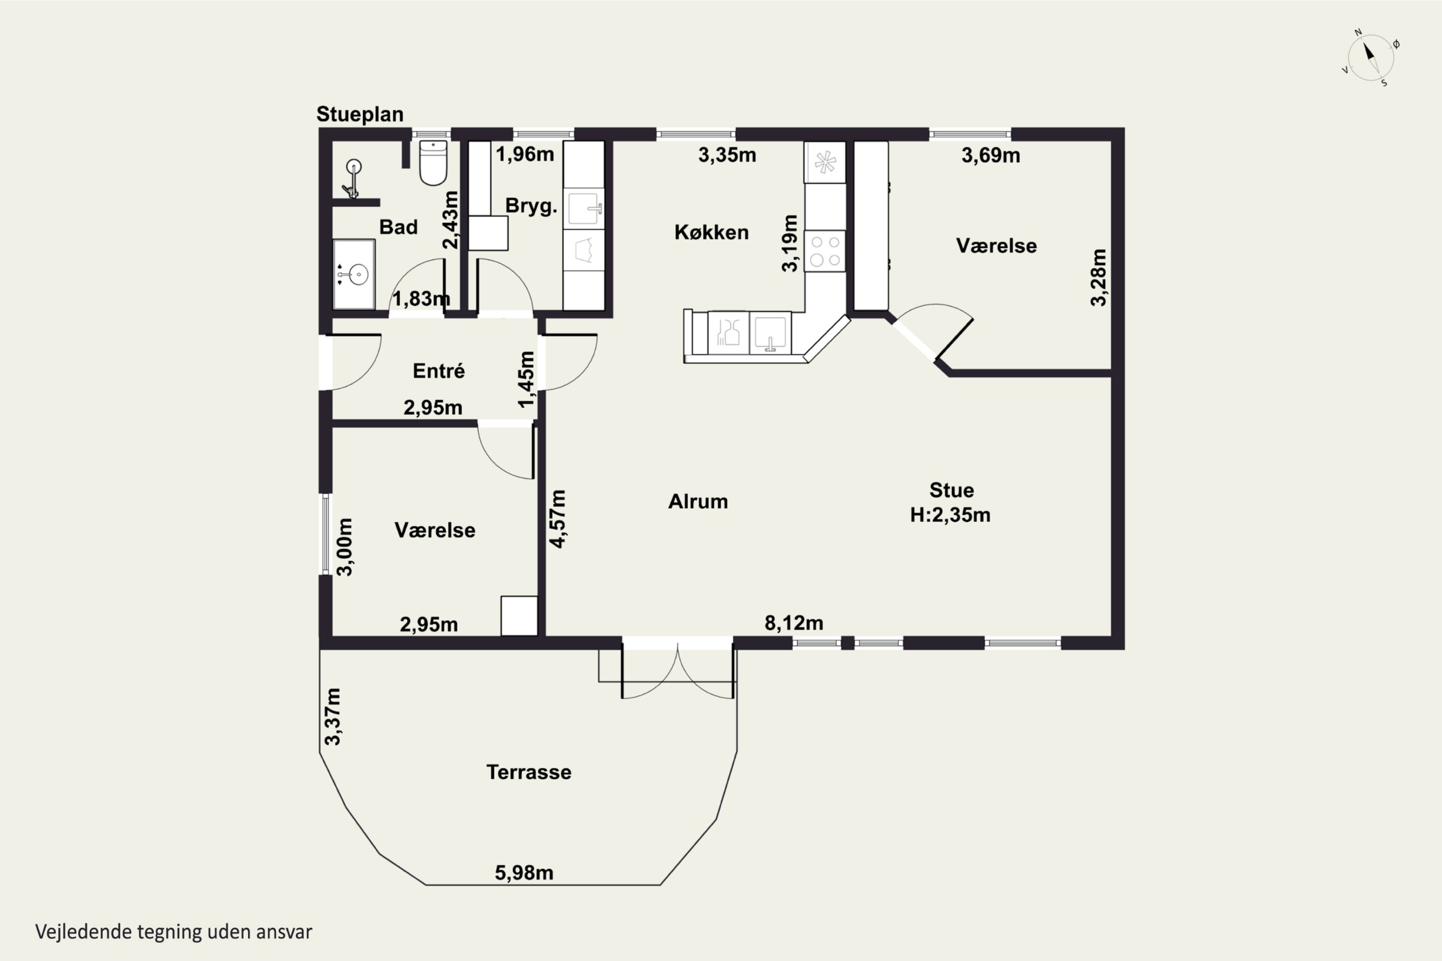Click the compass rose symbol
pyautogui.click(x=1370, y=58)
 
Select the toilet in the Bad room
pyautogui.click(x=433, y=162)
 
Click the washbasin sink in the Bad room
pyautogui.click(x=354, y=274)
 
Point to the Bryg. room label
pyautogui.click(x=531, y=206)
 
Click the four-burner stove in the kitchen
pyautogui.click(x=825, y=251)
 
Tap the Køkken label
pyautogui.click(x=711, y=232)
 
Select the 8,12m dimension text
pyautogui.click(x=794, y=623)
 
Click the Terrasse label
pyautogui.click(x=528, y=772)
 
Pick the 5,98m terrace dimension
pyautogui.click(x=524, y=873)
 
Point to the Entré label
pyautogui.click(x=438, y=371)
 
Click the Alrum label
pyautogui.click(x=698, y=501)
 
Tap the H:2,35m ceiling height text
pyautogui.click(x=950, y=515)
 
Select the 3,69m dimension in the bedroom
pyautogui.click(x=991, y=156)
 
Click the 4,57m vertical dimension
pyautogui.click(x=558, y=518)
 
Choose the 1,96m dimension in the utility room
pyautogui.click(x=525, y=154)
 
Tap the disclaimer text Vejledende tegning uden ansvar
pyautogui.click(x=174, y=932)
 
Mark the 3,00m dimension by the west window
pyautogui.click(x=345, y=547)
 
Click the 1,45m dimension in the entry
pyautogui.click(x=526, y=380)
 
